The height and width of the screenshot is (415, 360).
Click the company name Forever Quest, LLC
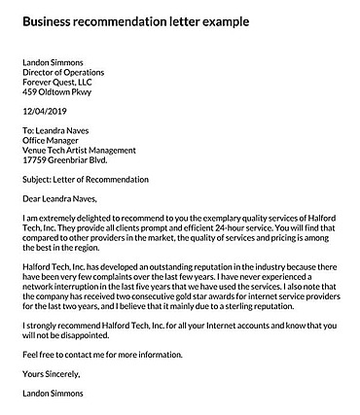pos(59,83)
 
